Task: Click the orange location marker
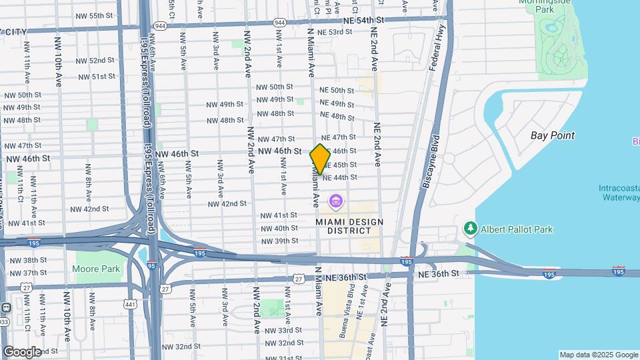(320, 159)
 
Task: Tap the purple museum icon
(335, 201)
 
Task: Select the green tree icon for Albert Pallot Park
(471, 229)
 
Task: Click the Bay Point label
(552, 135)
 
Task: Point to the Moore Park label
(96, 269)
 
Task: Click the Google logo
(22, 352)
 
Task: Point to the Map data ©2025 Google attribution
(598, 355)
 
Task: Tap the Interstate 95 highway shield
(152, 265)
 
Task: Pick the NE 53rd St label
(335, 32)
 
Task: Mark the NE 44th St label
(340, 177)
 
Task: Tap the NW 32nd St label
(181, 347)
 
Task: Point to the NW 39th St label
(279, 241)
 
